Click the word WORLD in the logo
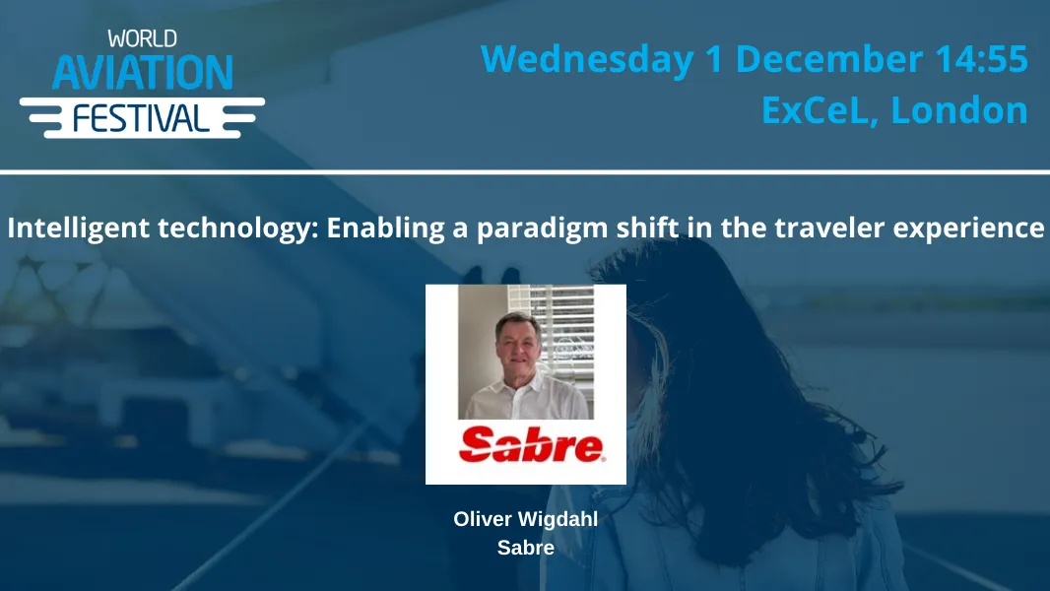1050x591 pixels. pyautogui.click(x=142, y=39)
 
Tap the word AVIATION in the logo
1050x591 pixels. pyautogui.click(x=142, y=73)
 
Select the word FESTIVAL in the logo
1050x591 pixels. pyautogui.click(x=142, y=118)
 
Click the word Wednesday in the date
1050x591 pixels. pyautogui.click(x=587, y=59)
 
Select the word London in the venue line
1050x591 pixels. pyautogui.click(x=959, y=109)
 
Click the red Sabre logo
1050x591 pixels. pyautogui.click(x=531, y=445)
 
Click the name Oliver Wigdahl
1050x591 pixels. pyautogui.click(x=525, y=519)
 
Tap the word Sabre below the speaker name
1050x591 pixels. pyautogui.click(x=525, y=548)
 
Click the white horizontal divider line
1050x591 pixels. pyautogui.click(x=525, y=172)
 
